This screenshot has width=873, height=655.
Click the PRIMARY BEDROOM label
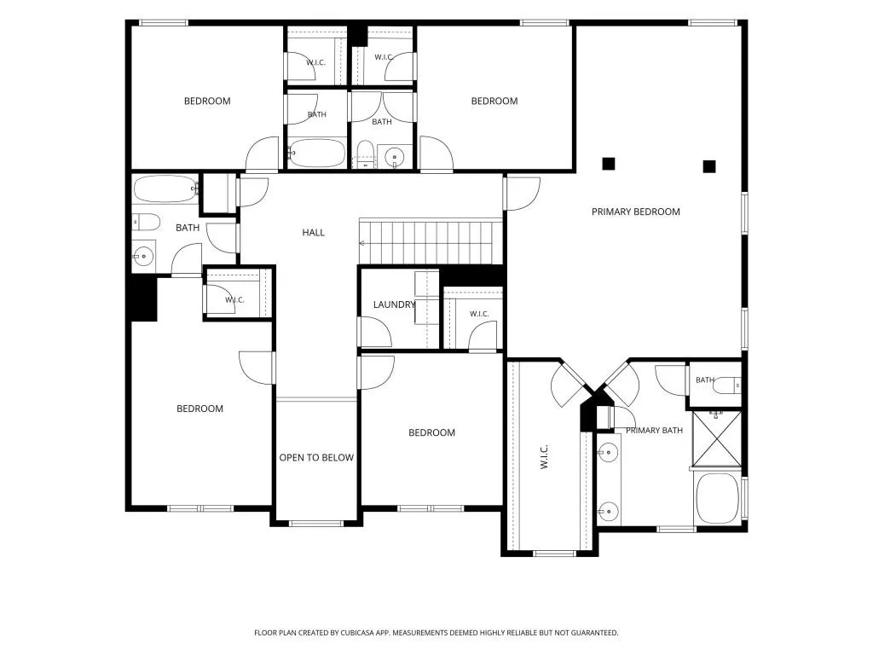click(x=635, y=212)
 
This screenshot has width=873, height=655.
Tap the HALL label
click(x=314, y=232)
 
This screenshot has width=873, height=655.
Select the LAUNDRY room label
click(x=394, y=304)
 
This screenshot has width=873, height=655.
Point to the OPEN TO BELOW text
click(x=316, y=457)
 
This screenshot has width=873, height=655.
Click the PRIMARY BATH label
click(x=654, y=430)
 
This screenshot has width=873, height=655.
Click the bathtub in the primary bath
click(x=717, y=498)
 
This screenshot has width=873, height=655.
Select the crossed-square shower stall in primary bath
click(x=716, y=438)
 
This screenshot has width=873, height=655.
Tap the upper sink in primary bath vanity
click(x=609, y=452)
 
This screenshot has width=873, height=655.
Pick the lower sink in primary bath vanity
click(x=609, y=510)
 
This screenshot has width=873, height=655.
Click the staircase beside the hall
click(x=431, y=241)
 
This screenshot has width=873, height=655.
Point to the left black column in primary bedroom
click(x=609, y=164)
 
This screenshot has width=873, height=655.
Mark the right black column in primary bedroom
click(x=708, y=166)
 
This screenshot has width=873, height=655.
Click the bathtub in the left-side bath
click(x=166, y=189)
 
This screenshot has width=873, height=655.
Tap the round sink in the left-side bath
click(x=143, y=256)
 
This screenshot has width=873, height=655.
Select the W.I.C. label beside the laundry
click(x=479, y=314)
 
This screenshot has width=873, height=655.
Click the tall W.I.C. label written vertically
click(x=544, y=457)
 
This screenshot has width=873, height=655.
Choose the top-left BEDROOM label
click(x=207, y=101)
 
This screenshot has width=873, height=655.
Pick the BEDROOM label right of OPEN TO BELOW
click(x=431, y=432)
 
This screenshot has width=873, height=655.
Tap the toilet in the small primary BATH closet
click(x=727, y=385)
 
